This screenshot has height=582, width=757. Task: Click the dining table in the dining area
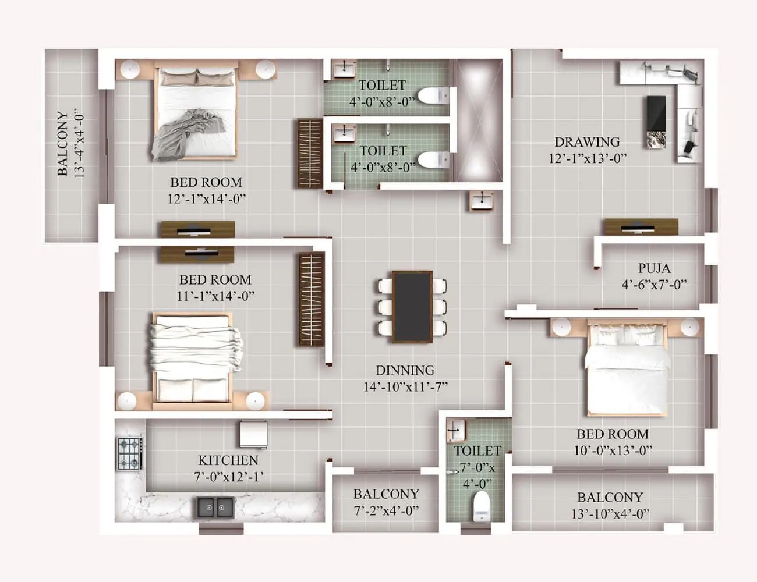coord(412,307)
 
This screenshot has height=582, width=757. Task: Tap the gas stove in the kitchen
coord(130,453)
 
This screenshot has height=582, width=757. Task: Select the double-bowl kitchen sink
coord(215,508)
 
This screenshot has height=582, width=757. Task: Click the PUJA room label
coord(654,268)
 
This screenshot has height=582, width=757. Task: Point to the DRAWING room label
coord(586,142)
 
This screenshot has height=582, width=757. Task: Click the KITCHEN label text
coord(228,460)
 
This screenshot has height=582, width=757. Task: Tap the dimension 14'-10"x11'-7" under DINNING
coord(405,386)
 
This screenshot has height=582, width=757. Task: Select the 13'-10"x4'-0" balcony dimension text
coord(610,514)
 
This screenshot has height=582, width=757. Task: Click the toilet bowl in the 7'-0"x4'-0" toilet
coord(481,506)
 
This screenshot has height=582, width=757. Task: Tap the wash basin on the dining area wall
coord(482,201)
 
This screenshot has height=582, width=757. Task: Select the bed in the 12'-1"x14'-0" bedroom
coord(196,113)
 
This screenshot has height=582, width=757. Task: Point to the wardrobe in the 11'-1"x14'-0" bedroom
coord(312,299)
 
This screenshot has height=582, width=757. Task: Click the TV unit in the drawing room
coord(641,227)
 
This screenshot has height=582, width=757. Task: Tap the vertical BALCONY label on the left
coord(62,144)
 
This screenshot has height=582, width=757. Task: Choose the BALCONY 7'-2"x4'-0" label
coord(385,494)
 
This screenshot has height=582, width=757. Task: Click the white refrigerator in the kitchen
coord(253,434)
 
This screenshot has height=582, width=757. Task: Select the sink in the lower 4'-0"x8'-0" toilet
coord(344,134)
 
